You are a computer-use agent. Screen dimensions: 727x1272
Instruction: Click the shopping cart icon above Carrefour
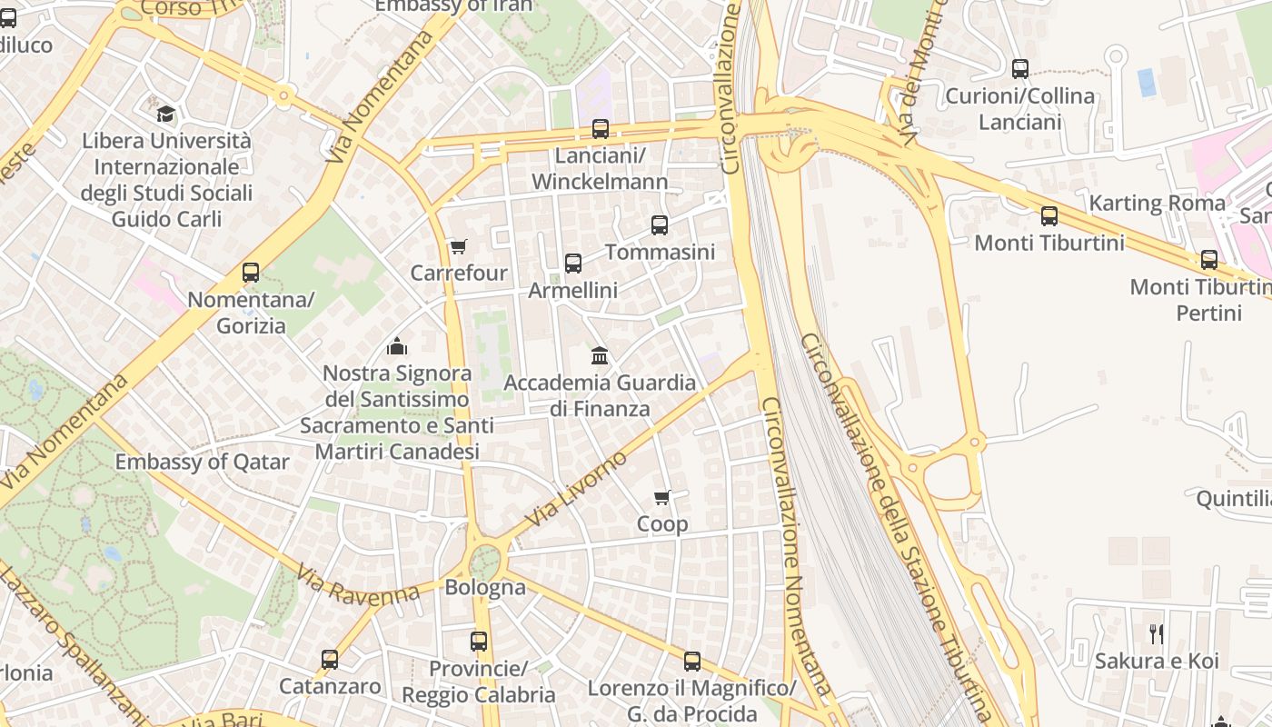pos(458,247)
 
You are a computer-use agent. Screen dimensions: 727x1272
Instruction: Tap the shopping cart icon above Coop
pos(662,497)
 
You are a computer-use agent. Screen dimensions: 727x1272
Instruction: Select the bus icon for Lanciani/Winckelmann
pos(600,129)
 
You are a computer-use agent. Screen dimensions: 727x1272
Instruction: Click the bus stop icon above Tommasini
pos(660,225)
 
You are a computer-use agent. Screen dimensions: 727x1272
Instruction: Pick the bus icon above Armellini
pos(573,264)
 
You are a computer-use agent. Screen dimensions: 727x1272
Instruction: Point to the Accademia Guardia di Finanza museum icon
pos(600,355)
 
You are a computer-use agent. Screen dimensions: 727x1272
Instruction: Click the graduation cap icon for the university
pos(165,115)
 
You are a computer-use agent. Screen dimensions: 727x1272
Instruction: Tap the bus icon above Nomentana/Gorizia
pos(251,273)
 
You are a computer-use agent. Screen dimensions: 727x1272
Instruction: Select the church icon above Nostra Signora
pos(397,346)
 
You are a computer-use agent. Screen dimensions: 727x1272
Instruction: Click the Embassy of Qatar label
pos(202,462)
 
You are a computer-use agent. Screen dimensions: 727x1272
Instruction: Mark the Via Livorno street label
pos(577,488)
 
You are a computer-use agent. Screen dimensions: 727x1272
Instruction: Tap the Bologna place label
pos(485,587)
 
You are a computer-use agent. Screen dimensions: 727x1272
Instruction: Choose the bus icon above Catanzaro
pos(330,660)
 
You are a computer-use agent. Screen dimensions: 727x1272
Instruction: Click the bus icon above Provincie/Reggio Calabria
pos(479,642)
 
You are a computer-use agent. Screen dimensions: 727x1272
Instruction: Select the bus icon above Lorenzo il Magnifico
pos(692,662)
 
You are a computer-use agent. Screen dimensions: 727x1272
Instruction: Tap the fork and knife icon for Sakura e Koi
pos(1156,634)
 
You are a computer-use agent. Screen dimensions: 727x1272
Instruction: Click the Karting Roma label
pos(1157,203)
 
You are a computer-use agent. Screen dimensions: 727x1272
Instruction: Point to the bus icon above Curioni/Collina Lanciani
pos(1020,69)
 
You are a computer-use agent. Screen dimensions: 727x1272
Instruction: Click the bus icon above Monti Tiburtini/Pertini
pos(1209,260)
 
